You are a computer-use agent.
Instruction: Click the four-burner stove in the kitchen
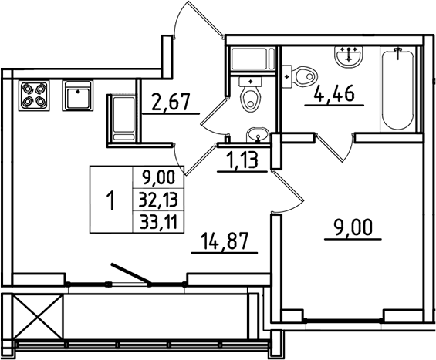pos(32,94)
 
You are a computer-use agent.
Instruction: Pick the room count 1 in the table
pos(110,201)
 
